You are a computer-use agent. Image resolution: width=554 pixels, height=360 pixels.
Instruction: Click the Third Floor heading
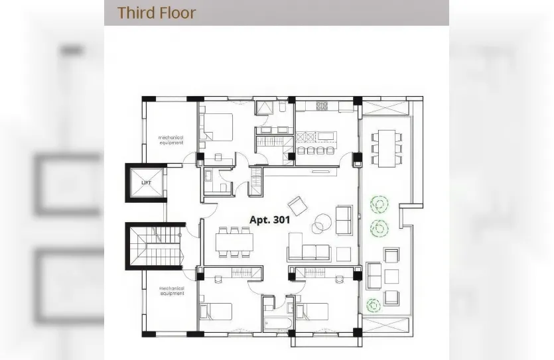(157, 13)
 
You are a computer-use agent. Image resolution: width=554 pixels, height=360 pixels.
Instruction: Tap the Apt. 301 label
(269, 220)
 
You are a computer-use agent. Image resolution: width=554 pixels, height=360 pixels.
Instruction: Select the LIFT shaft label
(146, 182)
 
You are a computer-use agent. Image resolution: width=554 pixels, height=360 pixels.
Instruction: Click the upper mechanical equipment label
(171, 140)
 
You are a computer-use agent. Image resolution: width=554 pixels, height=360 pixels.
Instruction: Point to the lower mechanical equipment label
(172, 291)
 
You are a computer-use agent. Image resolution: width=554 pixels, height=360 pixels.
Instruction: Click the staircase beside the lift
(156, 246)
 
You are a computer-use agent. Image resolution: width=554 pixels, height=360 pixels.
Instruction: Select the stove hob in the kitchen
(322, 105)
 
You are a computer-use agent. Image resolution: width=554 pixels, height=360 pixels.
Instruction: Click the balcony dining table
(387, 149)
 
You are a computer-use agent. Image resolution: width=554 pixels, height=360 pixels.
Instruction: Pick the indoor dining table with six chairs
(234, 242)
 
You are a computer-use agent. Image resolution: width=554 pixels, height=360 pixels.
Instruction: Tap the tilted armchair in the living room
(297, 206)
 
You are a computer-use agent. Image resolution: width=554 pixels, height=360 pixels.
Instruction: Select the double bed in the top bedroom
(216, 127)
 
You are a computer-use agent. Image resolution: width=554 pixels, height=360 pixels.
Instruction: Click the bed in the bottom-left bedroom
(216, 312)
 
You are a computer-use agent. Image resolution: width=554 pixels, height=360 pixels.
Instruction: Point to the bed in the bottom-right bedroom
(312, 312)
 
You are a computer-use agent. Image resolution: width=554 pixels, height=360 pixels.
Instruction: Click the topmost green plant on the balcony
(380, 205)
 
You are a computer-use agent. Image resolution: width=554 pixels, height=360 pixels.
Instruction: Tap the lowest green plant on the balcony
(374, 305)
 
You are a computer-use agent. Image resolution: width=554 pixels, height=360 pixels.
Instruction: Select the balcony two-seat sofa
(374, 275)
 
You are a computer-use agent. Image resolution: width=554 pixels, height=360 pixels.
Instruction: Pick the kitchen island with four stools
(316, 143)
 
